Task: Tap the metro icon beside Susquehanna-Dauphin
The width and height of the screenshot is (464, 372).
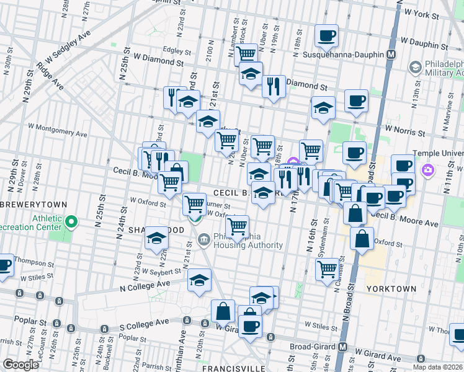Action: pos(391,55)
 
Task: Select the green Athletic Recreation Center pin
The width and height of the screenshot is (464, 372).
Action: pos(72,220)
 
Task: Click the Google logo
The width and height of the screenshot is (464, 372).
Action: pos(20,365)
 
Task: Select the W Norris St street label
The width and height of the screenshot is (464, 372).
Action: pos(404,131)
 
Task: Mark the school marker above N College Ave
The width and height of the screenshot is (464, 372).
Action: pos(199,280)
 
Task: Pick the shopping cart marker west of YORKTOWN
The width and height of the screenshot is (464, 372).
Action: pos(326,269)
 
